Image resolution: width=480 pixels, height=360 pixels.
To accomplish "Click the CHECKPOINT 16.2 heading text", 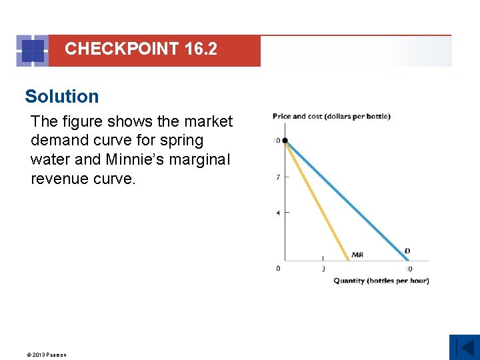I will coord(141,49).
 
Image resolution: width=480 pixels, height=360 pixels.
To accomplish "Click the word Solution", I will coord(61,97).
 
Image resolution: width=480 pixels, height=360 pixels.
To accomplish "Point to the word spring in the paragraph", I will coord(182,141).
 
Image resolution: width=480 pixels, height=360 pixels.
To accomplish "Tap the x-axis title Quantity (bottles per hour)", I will coord(381,281).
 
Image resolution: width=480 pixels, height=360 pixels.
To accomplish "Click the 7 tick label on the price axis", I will coord(277,177).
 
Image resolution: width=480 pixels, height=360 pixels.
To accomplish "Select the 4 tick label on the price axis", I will coord(277,213).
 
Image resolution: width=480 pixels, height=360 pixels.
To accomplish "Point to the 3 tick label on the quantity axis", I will coord(323,269).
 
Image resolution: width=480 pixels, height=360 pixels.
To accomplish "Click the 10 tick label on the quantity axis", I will coord(408,269).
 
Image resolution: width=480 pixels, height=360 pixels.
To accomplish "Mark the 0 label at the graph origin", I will coord(278,269).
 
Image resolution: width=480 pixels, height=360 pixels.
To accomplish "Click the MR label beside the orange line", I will coord(357,255).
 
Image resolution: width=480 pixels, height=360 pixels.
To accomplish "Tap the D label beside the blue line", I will coord(407,251).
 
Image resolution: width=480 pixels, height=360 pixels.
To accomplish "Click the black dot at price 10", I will coord(285,141).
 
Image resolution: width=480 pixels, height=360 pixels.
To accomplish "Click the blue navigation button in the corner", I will coord(464,347).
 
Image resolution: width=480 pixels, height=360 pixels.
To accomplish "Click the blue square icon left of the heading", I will coord(33,51).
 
